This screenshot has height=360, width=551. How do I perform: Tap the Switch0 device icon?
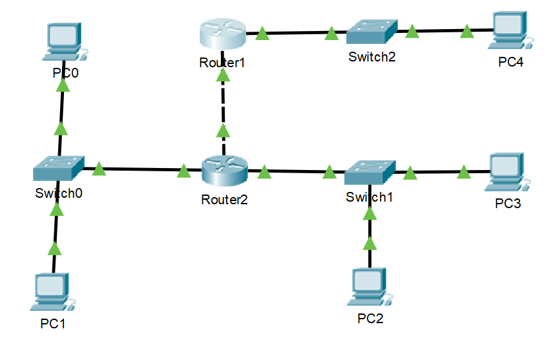[x=59, y=169]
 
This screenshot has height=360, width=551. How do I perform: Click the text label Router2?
[x=224, y=200]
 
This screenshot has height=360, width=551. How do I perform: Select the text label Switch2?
[x=371, y=56]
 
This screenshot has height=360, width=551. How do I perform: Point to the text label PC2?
[x=370, y=318]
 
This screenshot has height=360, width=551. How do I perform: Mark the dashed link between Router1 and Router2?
[x=223, y=107]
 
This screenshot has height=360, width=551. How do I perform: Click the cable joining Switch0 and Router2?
[x=142, y=170]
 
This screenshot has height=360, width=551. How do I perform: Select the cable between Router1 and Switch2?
[x=297, y=32]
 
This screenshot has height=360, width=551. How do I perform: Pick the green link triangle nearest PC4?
[x=466, y=31]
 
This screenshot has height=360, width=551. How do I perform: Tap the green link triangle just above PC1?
[x=55, y=248]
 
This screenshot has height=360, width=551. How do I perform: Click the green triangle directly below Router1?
[x=223, y=76]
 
